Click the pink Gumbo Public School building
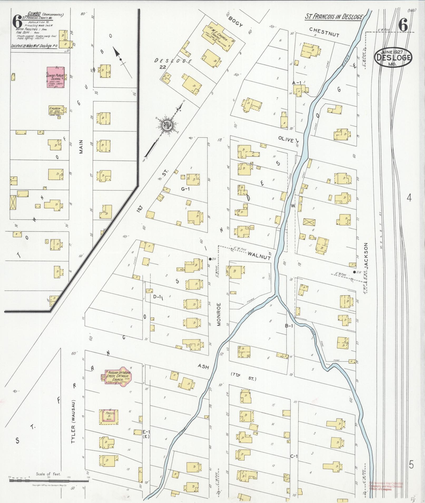pyautogui.click(x=56, y=77)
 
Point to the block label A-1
pyautogui.click(x=297, y=83)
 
